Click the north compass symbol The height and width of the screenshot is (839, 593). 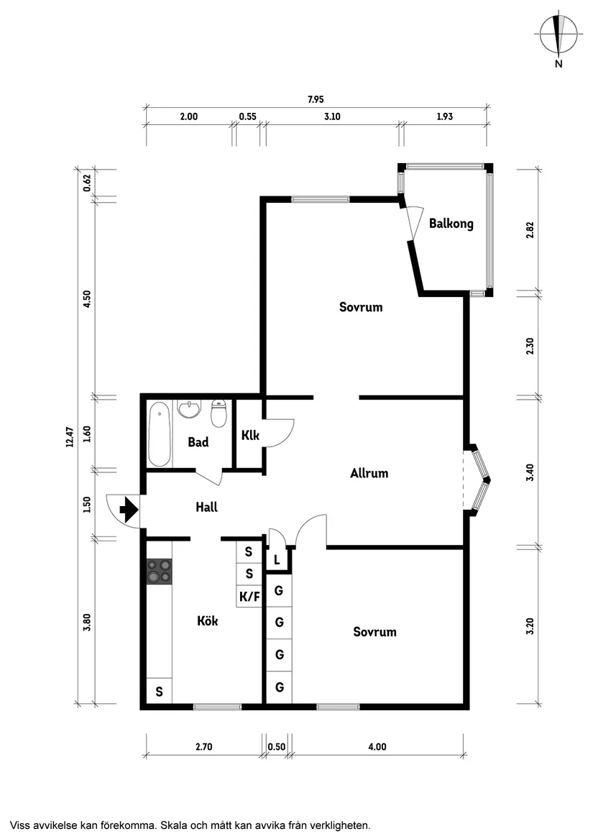pos(558,35)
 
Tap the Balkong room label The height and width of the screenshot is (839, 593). pos(451,224)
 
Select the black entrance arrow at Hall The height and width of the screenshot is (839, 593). pos(128,510)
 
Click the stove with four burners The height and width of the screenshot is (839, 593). pos(159,571)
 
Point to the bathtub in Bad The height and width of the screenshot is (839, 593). pos(159,434)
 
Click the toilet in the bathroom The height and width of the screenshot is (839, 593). pos(219,413)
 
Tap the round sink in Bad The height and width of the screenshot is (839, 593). pos(189,408)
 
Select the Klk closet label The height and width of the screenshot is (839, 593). pos(250,435)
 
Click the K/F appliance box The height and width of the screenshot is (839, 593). pos(249,596)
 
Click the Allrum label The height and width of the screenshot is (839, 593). pos(369,473)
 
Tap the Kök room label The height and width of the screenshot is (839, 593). pos(207,620)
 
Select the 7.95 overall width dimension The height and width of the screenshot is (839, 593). pos(316,100)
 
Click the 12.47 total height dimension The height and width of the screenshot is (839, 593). pos(70,437)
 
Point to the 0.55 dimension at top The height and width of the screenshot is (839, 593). pos(247,116)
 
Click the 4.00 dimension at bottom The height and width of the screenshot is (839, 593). pos(377,747)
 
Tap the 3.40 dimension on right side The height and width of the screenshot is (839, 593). pos(530,472)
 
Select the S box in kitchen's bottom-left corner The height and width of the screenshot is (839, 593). pos(159,692)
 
